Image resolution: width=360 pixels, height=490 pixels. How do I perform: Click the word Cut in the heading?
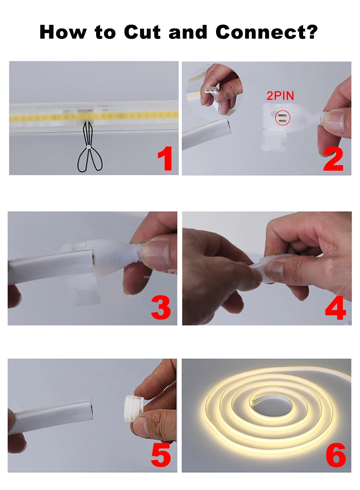pos(142,32)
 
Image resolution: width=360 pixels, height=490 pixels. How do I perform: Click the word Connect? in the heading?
pos(266,32)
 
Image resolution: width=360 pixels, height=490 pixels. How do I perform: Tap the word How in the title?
pos(63,32)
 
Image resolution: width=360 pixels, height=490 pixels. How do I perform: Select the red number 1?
pos(165,159)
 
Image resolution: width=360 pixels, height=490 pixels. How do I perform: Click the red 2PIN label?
pos(280,96)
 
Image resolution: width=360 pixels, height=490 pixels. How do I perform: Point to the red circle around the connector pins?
pos(282,118)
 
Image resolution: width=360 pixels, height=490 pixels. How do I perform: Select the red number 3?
pos(161,308)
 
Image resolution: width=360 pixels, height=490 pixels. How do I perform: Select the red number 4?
pos(335,309)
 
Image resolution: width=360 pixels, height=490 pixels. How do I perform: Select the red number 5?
pos(161,455)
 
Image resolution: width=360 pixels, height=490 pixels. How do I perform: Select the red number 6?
pos(336,455)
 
